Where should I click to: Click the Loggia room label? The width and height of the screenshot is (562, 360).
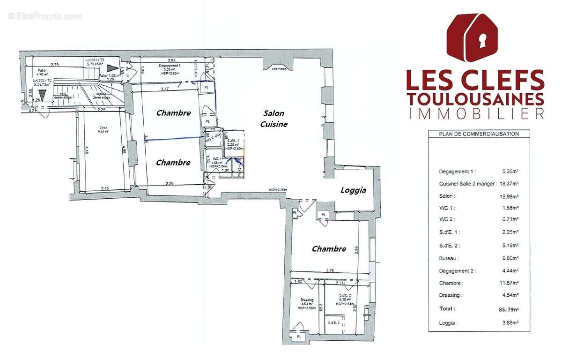(x=353, y=190)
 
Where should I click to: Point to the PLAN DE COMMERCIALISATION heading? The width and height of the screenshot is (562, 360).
(x=479, y=134)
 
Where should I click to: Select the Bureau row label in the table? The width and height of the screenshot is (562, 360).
(x=449, y=258)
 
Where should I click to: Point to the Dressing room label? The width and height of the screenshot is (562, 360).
(x=307, y=300)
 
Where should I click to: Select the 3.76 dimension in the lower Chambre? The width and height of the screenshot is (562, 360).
(x=330, y=270)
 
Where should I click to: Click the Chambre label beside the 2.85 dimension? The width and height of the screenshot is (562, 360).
(x=329, y=249)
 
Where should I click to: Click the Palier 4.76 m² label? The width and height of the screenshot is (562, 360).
(x=43, y=71)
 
